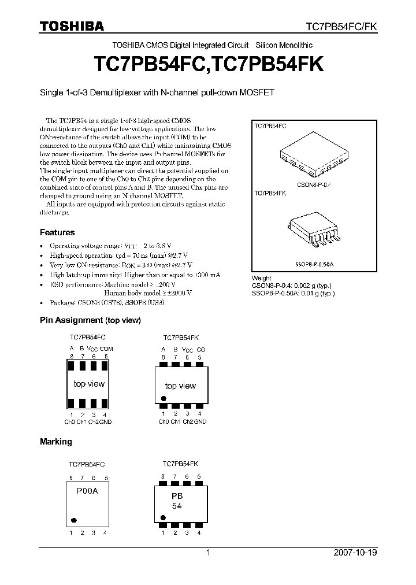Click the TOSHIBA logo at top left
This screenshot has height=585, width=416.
(72, 26)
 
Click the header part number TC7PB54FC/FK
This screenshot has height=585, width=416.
(341, 27)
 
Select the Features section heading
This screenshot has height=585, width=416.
(57, 232)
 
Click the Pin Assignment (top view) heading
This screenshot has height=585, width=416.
(90, 320)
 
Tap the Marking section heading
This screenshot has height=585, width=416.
(55, 442)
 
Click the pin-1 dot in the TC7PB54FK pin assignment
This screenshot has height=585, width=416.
(164, 398)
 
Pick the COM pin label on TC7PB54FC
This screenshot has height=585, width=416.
(106, 349)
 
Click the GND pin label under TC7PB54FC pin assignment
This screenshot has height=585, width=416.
(105, 422)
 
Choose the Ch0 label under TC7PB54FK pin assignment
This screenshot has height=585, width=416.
(164, 422)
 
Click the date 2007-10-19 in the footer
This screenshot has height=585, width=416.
(356, 553)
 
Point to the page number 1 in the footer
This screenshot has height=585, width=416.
(208, 553)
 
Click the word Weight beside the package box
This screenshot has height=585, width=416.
(262, 279)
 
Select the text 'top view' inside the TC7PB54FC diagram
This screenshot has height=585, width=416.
(89, 384)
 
